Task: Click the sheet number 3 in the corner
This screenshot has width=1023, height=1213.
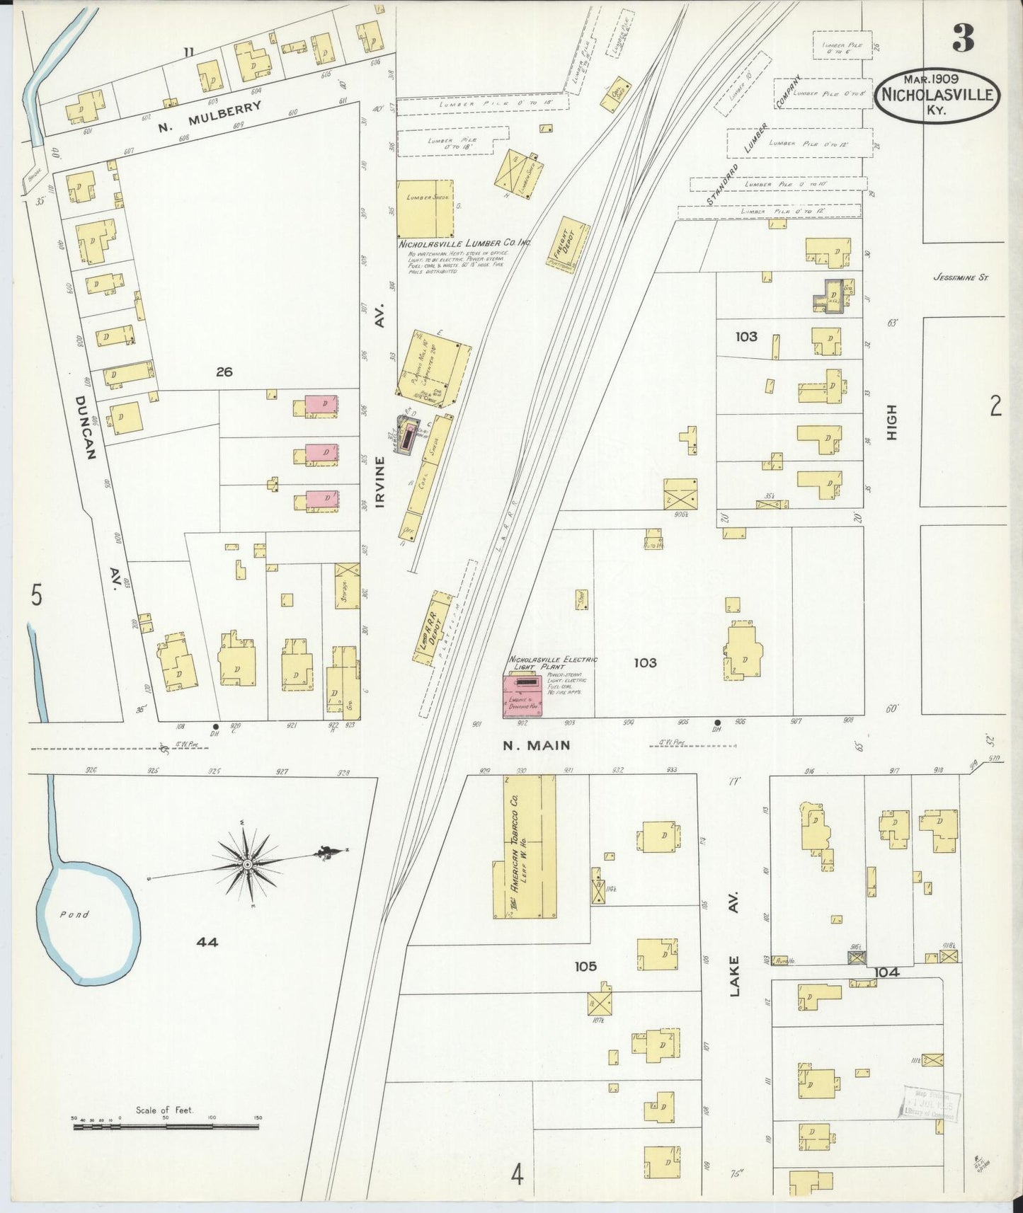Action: click(x=963, y=38)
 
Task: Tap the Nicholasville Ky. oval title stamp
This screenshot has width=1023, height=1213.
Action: click(x=937, y=96)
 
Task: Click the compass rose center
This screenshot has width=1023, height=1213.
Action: click(x=248, y=865)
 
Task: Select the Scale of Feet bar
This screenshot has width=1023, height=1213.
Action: click(x=166, y=1125)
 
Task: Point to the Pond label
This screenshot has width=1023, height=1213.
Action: click(x=74, y=914)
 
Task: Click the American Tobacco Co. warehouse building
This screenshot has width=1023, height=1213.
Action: click(x=524, y=847)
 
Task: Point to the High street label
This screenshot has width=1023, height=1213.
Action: click(x=891, y=423)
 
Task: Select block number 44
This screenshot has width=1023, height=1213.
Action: click(x=207, y=942)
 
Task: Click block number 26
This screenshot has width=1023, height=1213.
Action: click(x=224, y=371)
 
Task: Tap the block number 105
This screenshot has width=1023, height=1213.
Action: click(x=585, y=966)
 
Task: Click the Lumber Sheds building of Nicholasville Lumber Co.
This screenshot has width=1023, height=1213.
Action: click(x=424, y=209)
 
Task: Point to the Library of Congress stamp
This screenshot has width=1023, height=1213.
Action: click(x=930, y=1102)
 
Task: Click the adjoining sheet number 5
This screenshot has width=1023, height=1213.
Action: click(x=36, y=595)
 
